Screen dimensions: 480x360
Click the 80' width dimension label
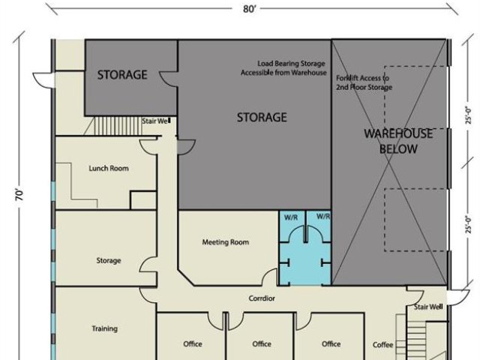pos(249,9)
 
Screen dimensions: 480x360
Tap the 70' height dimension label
pos(19,195)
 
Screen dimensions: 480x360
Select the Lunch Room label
pos(109,168)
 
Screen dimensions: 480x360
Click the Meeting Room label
pos(226,242)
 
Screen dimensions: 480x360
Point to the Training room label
pos(105,328)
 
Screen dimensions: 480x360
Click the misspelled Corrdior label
pos(262,298)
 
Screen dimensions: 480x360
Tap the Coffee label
pos(382,345)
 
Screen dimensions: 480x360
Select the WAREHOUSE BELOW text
pos(398,141)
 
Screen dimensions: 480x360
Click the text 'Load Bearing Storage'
pos(291,64)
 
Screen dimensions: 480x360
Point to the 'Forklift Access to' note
pos(362,78)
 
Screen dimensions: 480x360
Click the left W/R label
pos(291,217)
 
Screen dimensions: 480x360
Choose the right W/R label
pos(323,217)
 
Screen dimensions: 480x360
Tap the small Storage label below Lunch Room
pos(109,260)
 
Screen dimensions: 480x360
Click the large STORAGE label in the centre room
pos(262,118)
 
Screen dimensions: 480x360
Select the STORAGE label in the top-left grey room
pos(122,75)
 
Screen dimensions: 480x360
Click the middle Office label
pos(262,344)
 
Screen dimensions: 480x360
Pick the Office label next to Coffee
pos(331,344)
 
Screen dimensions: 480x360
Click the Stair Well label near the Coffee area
pos(428,307)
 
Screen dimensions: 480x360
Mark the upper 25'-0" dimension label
pos(468,115)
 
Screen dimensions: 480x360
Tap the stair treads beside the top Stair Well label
pos(118,126)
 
